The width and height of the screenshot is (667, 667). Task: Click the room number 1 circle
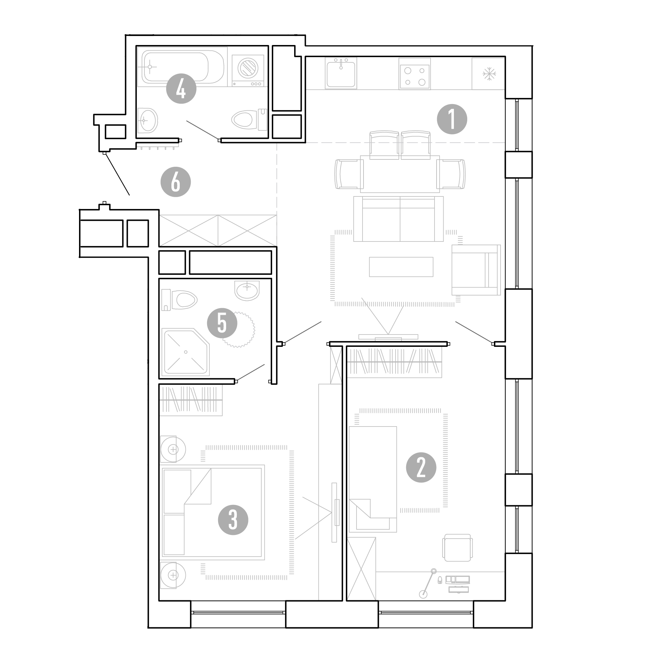[x=452, y=119]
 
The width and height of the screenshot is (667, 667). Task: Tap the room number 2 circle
[x=421, y=468]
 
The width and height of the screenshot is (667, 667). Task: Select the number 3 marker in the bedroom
[x=233, y=520]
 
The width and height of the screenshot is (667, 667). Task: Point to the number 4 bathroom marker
[x=181, y=89]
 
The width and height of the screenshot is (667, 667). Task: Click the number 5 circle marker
[x=222, y=323]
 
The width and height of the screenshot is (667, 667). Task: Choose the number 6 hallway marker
[x=176, y=182]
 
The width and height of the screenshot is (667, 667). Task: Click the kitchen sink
[x=341, y=73]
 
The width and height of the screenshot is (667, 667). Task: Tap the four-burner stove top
[x=415, y=74]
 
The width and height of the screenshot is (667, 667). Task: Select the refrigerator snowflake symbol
[x=489, y=74]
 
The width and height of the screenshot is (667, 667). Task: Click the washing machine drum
[x=248, y=68]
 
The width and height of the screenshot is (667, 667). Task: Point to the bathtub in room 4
[x=182, y=67]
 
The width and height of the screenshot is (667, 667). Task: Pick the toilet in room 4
[x=249, y=119]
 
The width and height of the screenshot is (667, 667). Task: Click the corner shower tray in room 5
[x=185, y=352]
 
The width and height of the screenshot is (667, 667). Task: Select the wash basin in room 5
[x=247, y=290]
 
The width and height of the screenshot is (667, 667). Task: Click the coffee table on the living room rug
[x=401, y=267]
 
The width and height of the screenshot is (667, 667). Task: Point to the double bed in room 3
[x=212, y=512]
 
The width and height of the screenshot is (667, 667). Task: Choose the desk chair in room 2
[x=458, y=548]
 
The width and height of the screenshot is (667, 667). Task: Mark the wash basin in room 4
[x=147, y=120]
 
